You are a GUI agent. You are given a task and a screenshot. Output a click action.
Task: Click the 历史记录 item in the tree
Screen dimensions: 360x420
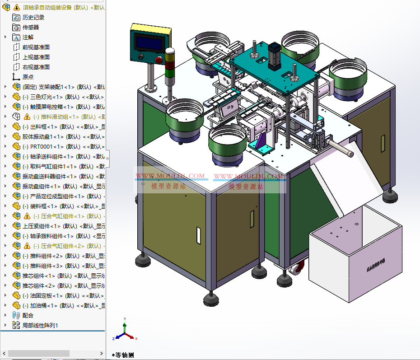coord(33,17)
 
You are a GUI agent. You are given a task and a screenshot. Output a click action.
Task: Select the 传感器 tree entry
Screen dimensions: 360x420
coord(31,27)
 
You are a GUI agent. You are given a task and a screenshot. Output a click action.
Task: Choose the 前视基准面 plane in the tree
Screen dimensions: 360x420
coord(36,47)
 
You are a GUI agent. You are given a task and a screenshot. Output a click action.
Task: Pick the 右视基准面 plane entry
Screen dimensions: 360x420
coord(36,67)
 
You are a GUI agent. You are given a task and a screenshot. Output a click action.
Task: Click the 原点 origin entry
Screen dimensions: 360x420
coord(28,77)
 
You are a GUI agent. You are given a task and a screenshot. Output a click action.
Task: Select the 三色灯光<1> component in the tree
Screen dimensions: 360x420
coord(45,97)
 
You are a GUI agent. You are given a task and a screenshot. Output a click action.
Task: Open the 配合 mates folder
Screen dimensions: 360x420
coord(28,315)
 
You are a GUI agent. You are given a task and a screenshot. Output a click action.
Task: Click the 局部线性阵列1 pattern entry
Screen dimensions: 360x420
coord(40,325)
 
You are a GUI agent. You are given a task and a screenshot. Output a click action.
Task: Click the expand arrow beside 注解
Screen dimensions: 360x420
coord(5,37)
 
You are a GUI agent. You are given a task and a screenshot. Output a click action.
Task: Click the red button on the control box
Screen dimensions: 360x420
coord(159,59)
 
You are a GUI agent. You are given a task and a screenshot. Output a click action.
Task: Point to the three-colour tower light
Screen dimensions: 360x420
coord(170,65)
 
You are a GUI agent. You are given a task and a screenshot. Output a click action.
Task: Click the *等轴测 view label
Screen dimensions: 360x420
coord(123,355)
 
